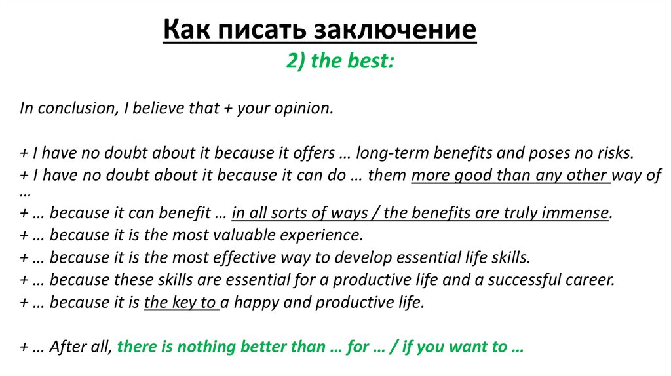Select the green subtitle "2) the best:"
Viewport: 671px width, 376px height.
pyautogui.click(x=339, y=62)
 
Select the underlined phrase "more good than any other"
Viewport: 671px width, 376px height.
pyautogui.click(x=510, y=176)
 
